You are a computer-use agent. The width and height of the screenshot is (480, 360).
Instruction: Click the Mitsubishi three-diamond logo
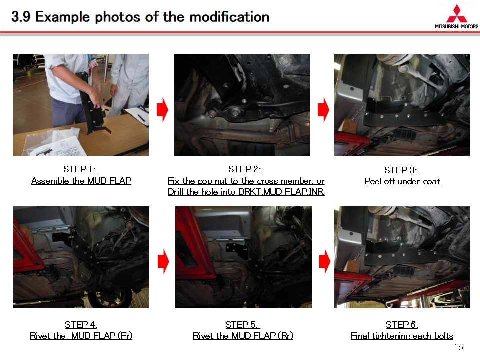456,14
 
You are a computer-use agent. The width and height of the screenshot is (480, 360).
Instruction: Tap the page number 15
458,347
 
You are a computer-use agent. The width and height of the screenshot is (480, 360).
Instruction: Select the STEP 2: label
245,169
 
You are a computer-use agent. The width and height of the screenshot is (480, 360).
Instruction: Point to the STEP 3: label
401,170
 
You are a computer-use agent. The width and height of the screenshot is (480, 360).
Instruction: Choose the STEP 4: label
81,324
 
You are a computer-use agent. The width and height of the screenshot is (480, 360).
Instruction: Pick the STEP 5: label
242,324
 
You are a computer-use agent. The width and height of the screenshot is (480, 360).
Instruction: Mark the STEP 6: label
402,324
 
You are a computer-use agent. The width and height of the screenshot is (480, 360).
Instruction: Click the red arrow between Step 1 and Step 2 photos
162,110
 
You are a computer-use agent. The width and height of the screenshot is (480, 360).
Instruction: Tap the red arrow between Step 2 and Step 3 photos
323,110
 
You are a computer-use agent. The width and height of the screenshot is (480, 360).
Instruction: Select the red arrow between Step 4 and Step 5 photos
163,261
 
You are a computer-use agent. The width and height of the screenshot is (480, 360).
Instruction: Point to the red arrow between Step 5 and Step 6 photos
325,261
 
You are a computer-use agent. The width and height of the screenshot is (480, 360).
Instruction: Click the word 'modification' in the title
229,17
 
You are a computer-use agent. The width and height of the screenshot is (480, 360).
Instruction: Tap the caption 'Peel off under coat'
402,181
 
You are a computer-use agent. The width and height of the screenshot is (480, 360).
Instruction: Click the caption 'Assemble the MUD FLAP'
81,181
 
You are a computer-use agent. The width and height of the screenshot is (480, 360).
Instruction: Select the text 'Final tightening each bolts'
402,336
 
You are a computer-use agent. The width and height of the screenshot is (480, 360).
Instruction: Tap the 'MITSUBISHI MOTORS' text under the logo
456,26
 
